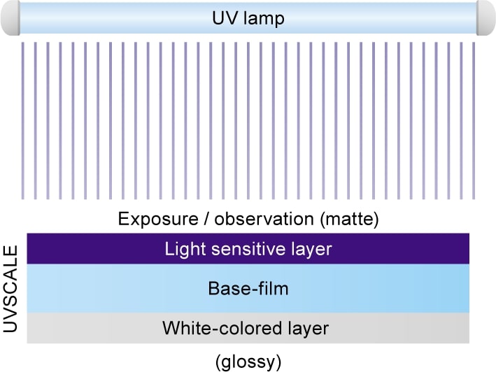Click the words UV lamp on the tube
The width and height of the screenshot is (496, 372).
248,18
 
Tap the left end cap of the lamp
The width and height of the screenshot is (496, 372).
10,17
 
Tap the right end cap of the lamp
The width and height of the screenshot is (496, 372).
486,17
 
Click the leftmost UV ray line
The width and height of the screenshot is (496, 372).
23,121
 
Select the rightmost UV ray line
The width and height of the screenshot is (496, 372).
474,121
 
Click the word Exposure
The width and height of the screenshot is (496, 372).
158,219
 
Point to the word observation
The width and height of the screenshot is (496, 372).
264,219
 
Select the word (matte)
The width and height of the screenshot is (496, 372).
349,219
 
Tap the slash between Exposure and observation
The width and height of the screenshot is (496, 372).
206,219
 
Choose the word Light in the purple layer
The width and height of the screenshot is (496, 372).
185,250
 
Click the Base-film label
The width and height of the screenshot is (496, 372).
248,289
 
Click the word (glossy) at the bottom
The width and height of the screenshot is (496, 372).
248,362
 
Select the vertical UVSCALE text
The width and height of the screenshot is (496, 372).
10,289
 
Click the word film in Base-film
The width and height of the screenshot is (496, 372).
274,289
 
